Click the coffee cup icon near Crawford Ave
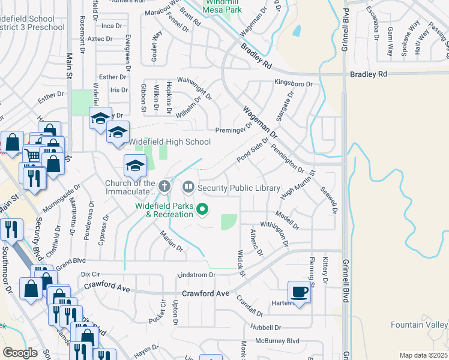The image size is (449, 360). [x=300, y=293]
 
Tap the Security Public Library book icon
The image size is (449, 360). [x=188, y=188]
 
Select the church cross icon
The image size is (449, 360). [x=165, y=187]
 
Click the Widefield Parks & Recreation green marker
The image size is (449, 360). [x=203, y=209]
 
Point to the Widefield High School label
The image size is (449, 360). [x=170, y=142]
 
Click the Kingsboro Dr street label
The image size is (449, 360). [x=294, y=83]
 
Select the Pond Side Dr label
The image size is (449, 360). [x=252, y=149]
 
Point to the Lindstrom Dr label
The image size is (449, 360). [x=196, y=275]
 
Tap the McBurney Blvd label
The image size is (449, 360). [x=277, y=341]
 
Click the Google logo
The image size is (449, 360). [x=20, y=353]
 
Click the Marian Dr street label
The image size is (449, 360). [x=172, y=242]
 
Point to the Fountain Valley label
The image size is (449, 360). [x=420, y=325]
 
